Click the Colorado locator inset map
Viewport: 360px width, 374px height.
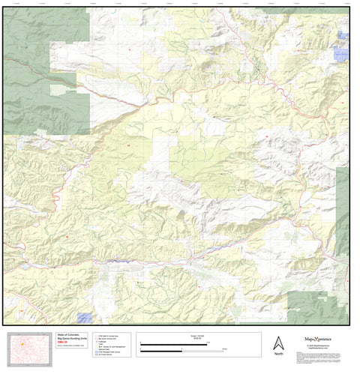pos(30,349)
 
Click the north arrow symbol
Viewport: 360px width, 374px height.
pos(278,342)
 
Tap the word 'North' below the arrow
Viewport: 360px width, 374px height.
pos(278,354)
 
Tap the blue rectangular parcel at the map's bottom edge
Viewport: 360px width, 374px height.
pos(85,319)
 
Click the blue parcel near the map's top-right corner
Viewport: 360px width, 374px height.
pos(342,55)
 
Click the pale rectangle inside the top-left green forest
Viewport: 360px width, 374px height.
pos(57,90)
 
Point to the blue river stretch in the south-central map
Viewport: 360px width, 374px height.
pos(120,261)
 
